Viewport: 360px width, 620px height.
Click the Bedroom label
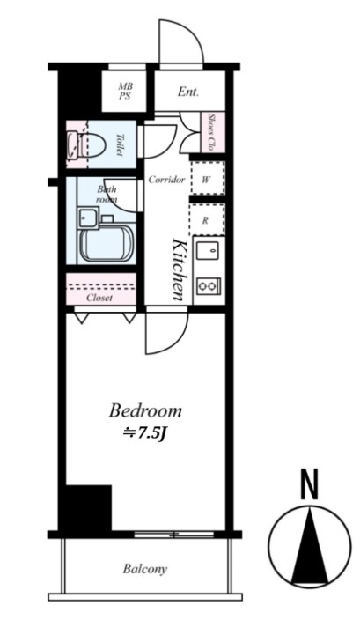click(x=145, y=410)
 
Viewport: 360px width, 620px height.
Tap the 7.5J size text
click(x=150, y=434)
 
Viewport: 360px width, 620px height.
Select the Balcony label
click(x=145, y=570)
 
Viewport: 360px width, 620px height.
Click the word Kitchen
click(x=178, y=269)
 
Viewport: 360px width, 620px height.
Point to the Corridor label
click(x=166, y=180)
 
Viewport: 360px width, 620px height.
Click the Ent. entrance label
click(x=188, y=92)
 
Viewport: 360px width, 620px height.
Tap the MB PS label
click(x=125, y=91)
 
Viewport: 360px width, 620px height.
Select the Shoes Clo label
click(x=211, y=132)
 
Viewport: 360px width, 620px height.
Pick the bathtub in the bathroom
click(x=107, y=244)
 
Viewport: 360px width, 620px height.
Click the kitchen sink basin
click(x=209, y=251)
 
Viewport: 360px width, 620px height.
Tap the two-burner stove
click(x=209, y=284)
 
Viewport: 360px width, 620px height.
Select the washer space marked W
click(x=208, y=179)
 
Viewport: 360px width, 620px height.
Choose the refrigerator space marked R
click(x=208, y=220)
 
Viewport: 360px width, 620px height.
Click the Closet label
click(x=99, y=299)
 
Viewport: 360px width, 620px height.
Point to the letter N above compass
click(x=310, y=483)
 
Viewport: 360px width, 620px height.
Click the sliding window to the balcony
click(x=174, y=535)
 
